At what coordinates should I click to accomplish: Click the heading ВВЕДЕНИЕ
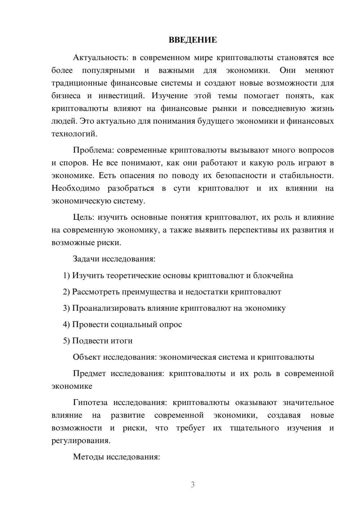tap(193, 40)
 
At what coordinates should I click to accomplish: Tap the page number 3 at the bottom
tap(193, 485)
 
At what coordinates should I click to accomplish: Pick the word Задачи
tap(86, 259)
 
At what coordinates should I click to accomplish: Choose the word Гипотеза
tap(91, 402)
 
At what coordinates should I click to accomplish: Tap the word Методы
tap(87, 457)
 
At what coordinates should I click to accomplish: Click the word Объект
tap(86, 357)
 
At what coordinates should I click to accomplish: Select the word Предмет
tap(89, 373)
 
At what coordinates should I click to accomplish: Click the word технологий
tap(74, 134)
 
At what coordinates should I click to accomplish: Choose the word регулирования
tap(80, 441)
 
